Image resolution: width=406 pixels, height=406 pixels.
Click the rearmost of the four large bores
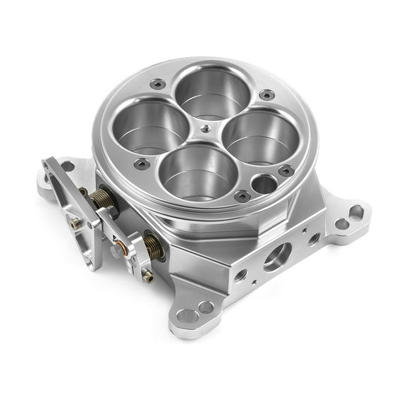tap(211, 92)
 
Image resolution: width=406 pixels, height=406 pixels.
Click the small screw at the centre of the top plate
tap(204, 129)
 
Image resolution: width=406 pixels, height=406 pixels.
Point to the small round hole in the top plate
tap(264, 185)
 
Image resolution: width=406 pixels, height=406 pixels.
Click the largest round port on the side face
tap(277, 255)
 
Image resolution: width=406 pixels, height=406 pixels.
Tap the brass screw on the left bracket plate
tap(75, 223)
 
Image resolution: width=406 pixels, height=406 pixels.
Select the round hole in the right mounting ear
tap(342, 224)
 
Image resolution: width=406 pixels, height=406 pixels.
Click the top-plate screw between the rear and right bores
tap(265, 95)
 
